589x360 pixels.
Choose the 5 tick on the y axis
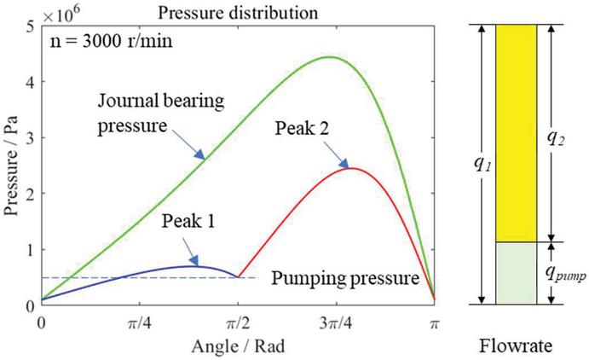pyautogui.click(x=31, y=26)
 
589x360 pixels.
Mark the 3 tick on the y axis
pyautogui.click(x=31, y=137)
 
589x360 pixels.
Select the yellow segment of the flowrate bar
pyautogui.click(x=516, y=132)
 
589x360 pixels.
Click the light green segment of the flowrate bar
pyautogui.click(x=516, y=273)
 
